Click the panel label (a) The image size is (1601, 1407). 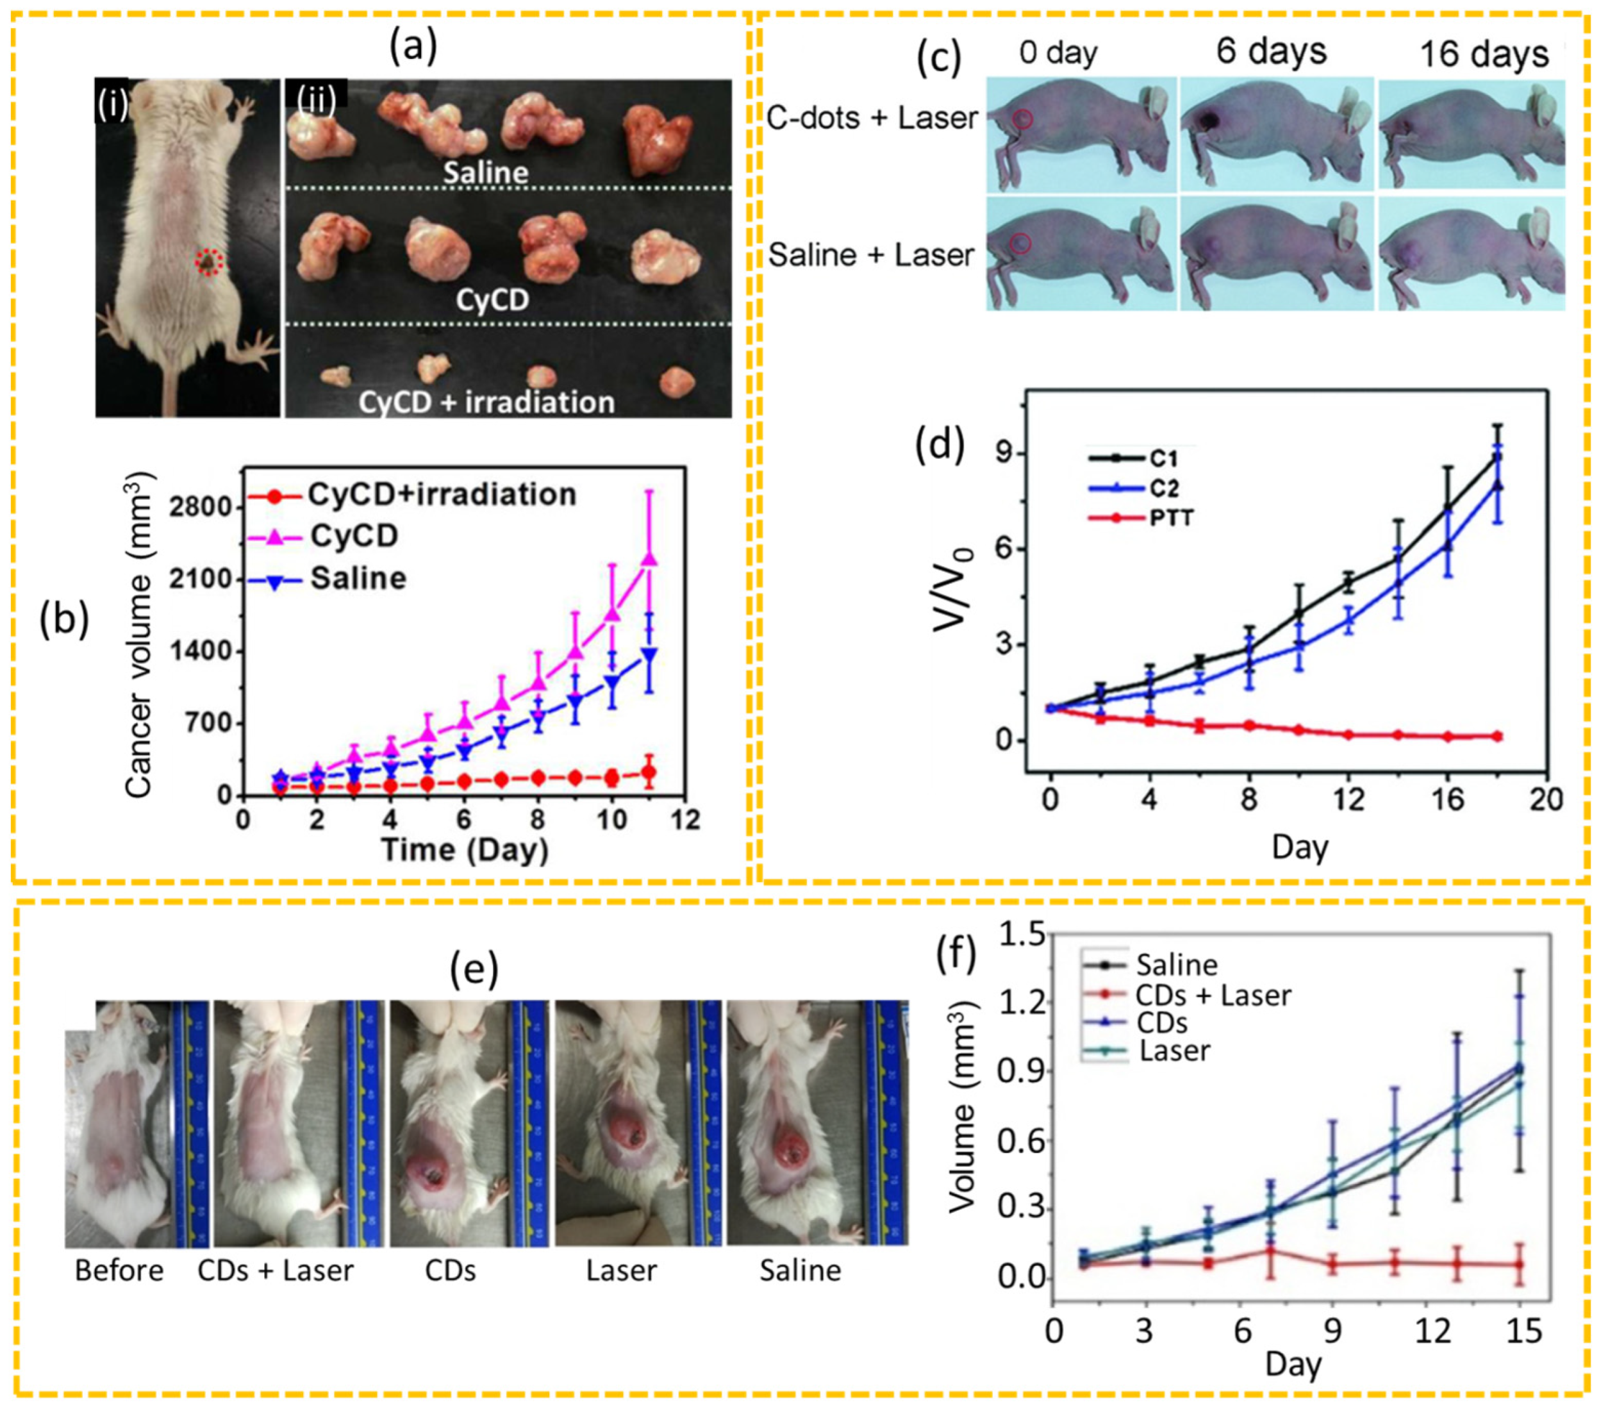[413, 46]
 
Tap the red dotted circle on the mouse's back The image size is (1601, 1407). [208, 262]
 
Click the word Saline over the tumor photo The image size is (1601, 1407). [486, 172]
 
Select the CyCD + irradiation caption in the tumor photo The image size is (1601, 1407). [486, 402]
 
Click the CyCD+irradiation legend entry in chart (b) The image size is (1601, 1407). [441, 494]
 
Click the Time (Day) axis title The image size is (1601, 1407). [465, 850]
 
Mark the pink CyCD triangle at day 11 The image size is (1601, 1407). [649, 560]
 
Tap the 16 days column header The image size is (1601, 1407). [1484, 55]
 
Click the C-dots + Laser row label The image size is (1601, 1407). [872, 119]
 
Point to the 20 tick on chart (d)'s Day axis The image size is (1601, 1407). [1545, 800]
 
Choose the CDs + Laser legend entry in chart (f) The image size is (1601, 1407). [1213, 995]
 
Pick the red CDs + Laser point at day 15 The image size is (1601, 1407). [1519, 1265]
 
